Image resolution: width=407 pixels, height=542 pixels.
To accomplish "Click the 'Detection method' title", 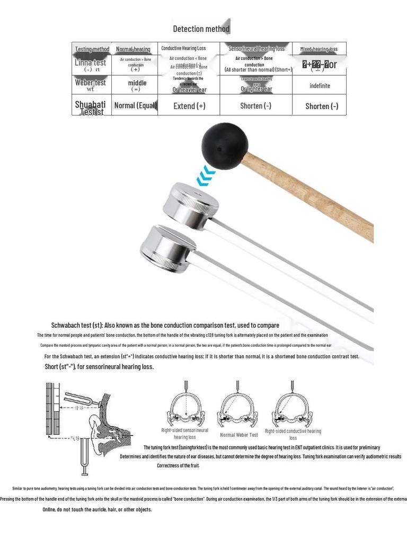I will [x=201, y=29].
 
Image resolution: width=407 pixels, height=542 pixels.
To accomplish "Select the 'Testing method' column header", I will [x=92, y=49].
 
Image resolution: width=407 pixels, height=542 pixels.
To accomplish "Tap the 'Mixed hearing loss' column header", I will [x=318, y=49].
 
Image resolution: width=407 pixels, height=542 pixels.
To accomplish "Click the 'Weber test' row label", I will [x=91, y=83].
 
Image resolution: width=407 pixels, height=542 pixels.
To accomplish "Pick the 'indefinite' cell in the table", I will [x=320, y=86].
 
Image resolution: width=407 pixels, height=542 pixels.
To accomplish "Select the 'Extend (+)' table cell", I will [x=189, y=106].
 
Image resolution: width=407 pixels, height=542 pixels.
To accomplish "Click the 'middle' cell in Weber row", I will [x=137, y=83].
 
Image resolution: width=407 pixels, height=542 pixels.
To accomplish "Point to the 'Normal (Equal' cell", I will [x=135, y=105].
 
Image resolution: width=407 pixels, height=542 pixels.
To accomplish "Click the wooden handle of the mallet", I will [x=313, y=196].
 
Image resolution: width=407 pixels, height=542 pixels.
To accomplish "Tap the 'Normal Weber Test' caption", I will [x=239, y=435].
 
